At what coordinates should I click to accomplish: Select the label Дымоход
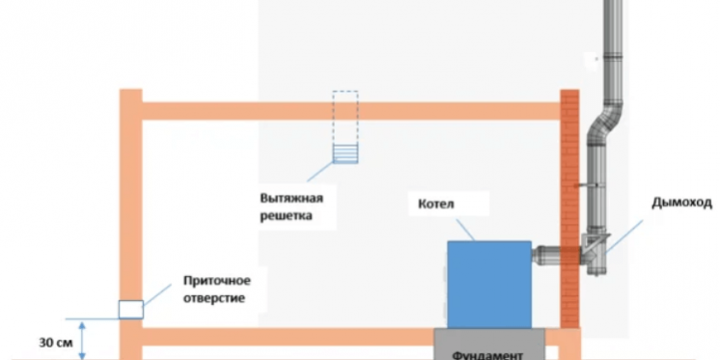(681, 203)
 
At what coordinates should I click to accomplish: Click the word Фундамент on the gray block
(491, 353)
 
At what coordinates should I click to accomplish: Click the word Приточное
(217, 281)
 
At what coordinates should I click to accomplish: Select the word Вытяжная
(291, 198)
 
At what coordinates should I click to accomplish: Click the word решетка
(287, 216)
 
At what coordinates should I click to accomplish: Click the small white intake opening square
(129, 309)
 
